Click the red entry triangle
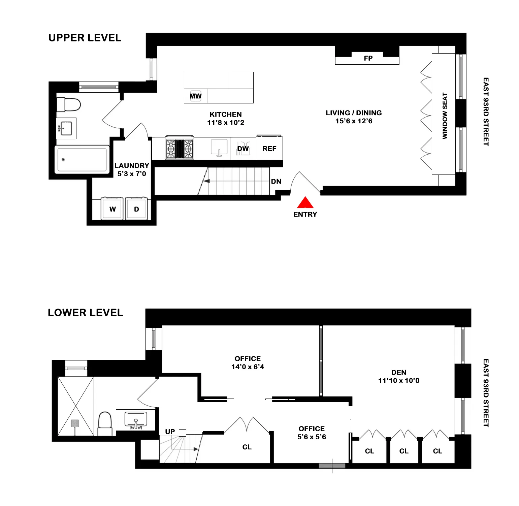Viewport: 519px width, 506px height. [305, 203]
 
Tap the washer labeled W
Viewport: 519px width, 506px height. [112, 209]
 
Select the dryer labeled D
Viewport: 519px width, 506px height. [136, 209]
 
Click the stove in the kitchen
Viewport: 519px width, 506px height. [180, 148]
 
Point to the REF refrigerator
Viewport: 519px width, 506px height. [269, 149]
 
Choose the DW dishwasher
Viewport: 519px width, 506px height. [243, 149]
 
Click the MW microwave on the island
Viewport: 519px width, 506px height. [195, 96]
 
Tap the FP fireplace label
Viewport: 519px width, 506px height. [368, 58]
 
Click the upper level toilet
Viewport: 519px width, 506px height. [69, 104]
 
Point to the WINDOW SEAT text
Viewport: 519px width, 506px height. [445, 116]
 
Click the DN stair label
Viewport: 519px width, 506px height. [276, 181]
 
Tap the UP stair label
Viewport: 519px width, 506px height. [170, 432]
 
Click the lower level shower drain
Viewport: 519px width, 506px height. [75, 423]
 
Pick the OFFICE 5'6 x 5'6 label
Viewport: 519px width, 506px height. [312, 433]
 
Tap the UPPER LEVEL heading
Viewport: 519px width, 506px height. [85, 38]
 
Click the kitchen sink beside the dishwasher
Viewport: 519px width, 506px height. [219, 148]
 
